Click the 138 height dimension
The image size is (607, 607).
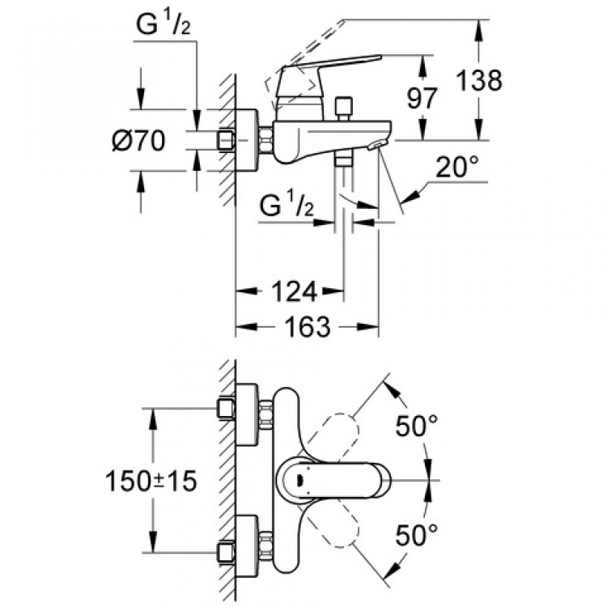[x=478, y=80]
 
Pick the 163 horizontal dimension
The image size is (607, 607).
[x=308, y=327]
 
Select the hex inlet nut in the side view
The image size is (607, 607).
[x=227, y=140]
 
